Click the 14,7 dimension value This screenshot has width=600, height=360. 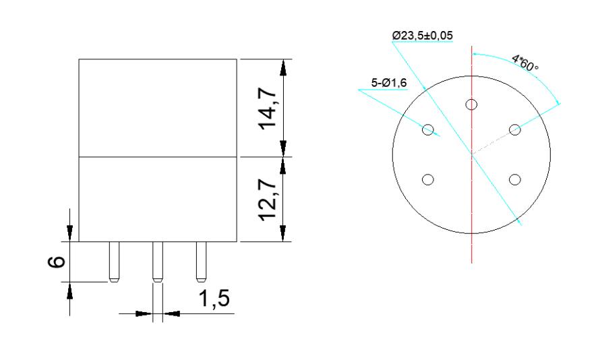click(x=268, y=109)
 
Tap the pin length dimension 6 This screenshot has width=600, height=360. click(x=56, y=262)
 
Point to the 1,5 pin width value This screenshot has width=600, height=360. click(x=214, y=299)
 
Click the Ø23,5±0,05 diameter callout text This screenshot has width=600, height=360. click(x=423, y=36)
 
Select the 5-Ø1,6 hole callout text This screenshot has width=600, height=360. click(x=389, y=83)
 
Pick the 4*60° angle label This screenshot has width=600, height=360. click(x=525, y=63)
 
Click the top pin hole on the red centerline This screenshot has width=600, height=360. click(x=471, y=104)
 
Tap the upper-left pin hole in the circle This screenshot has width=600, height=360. click(x=428, y=129)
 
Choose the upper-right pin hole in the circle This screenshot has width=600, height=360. click(x=515, y=129)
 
